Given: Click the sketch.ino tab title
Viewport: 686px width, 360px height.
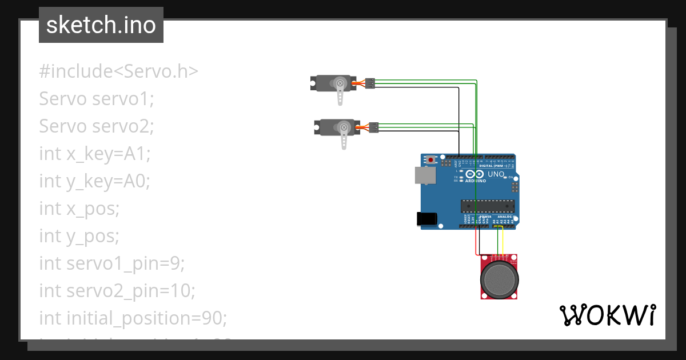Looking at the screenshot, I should coord(101,25).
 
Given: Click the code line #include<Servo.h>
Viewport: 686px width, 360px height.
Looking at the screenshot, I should coord(118,71).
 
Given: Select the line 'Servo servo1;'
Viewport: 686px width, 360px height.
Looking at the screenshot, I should coord(97,99).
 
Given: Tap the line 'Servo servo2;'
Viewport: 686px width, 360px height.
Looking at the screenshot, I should coord(97,126).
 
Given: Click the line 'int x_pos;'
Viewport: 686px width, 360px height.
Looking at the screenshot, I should coord(79,208).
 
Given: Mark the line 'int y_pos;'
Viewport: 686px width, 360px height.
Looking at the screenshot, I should coord(79,235).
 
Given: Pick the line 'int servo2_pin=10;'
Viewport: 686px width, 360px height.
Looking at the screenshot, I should coord(117,290).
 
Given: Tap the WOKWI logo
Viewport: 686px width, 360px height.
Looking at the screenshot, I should coord(607,315).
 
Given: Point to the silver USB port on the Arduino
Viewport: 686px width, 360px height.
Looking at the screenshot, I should coord(424,175).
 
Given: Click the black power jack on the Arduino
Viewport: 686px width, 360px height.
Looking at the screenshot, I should coord(426,218).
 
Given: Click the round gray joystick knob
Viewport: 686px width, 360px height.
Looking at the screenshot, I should coord(500,278).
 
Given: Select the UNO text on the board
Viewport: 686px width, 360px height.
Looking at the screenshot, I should coord(495,174).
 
